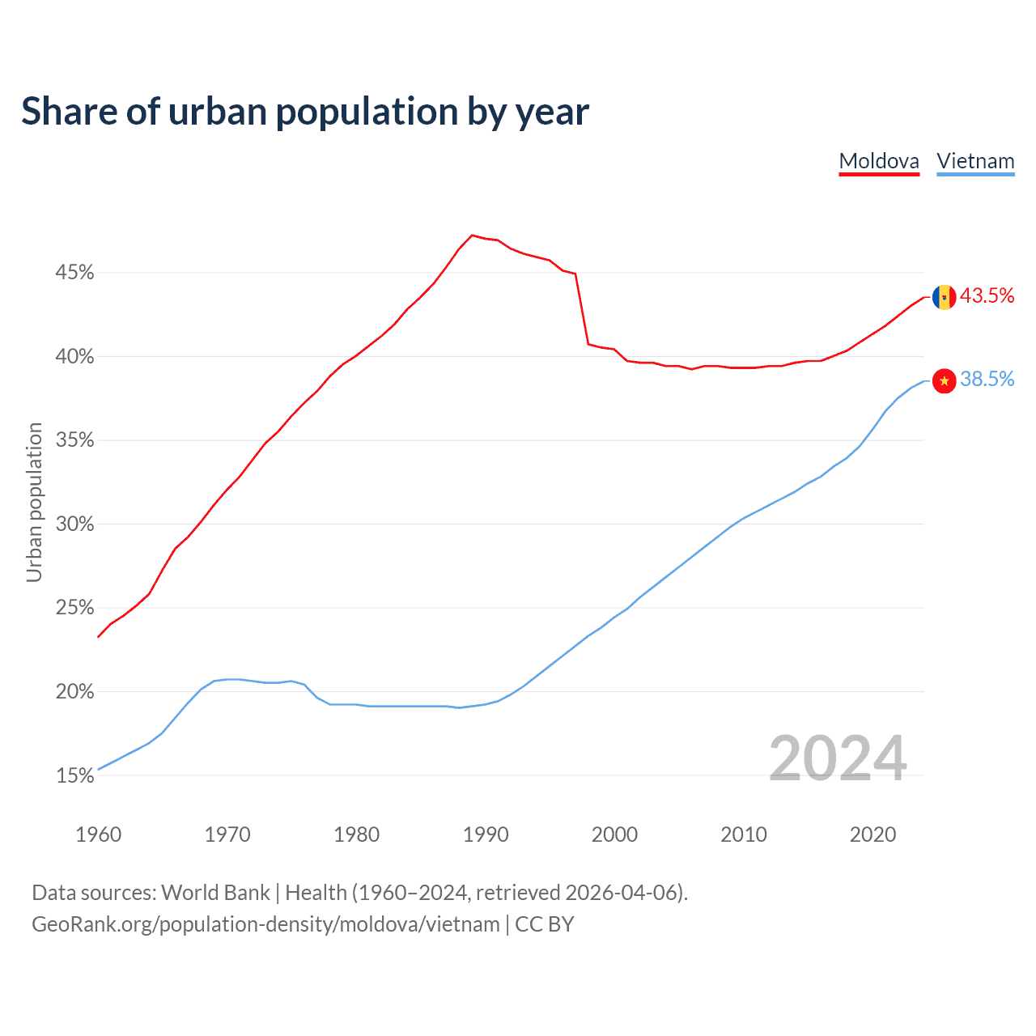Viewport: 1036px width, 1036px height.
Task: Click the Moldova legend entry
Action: click(879, 161)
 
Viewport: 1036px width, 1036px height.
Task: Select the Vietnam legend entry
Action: click(975, 161)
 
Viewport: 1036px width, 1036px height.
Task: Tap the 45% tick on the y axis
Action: click(74, 273)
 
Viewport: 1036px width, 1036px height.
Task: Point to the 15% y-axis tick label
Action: click(74, 776)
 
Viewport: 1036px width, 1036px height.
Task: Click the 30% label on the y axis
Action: click(74, 524)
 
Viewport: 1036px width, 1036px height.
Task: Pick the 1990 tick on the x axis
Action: click(486, 834)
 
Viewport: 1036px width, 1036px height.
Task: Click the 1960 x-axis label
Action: click(98, 834)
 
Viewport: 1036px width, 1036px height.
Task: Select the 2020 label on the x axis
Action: click(873, 834)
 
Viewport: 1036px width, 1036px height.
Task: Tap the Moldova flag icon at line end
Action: click(944, 297)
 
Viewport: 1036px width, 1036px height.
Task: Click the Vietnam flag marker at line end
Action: click(944, 380)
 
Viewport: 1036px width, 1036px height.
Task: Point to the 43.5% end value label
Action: click(987, 296)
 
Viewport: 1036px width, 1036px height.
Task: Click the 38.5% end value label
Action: click(987, 380)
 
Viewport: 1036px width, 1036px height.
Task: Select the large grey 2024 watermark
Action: click(838, 758)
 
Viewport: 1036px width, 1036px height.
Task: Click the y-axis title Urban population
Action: click(34, 502)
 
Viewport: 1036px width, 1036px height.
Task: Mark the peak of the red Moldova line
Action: click(472, 236)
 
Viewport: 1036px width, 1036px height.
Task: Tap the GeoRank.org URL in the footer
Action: click(265, 924)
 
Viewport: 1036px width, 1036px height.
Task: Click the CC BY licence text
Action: click(545, 924)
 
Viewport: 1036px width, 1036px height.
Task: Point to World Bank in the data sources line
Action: click(215, 893)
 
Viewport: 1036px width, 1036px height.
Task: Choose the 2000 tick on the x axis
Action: click(614, 834)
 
